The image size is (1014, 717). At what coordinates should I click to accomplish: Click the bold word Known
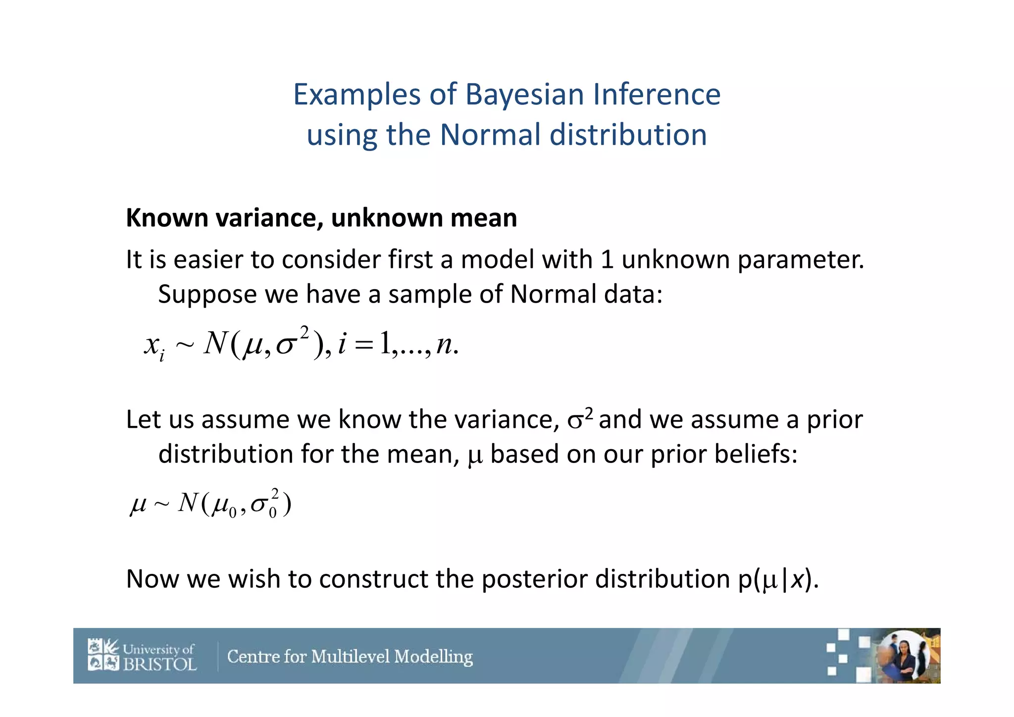point(167,218)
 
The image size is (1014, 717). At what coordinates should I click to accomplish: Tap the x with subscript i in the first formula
point(154,345)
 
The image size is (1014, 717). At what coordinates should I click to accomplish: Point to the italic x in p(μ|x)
point(797,579)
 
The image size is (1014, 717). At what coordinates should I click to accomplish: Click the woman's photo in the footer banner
point(904,656)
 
